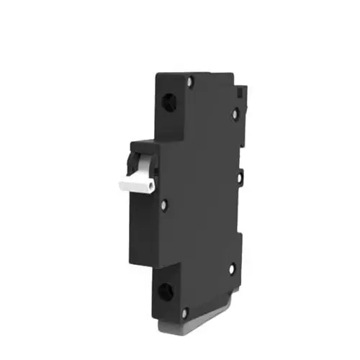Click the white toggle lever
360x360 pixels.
[x=137, y=179]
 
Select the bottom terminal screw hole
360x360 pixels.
[x=165, y=292]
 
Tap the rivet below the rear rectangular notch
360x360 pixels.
[x=235, y=113]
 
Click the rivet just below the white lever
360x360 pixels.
[x=165, y=204]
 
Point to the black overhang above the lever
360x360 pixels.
[x=140, y=145]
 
